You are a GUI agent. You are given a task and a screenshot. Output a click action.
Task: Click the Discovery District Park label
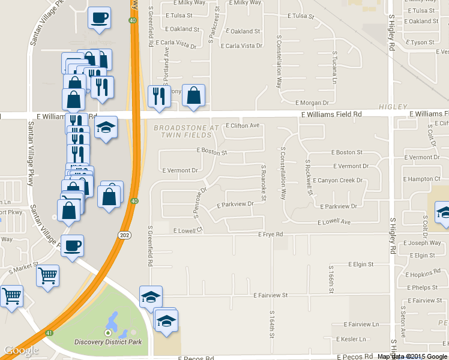coord(108,342)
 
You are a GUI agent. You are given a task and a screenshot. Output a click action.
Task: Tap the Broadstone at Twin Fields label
coord(186,131)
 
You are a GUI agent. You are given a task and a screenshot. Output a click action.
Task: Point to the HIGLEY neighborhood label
coord(393,107)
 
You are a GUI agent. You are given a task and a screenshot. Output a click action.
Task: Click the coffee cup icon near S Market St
coord(73,245)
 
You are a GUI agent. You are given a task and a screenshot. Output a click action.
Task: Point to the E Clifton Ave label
coord(243,125)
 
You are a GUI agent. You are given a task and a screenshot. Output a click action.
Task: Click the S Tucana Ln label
coord(334,68)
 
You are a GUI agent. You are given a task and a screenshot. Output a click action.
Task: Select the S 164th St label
coord(272,324)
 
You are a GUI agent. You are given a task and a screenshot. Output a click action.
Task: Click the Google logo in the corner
coord(21,350)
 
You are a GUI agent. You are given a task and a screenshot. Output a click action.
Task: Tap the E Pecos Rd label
coord(196,358)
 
